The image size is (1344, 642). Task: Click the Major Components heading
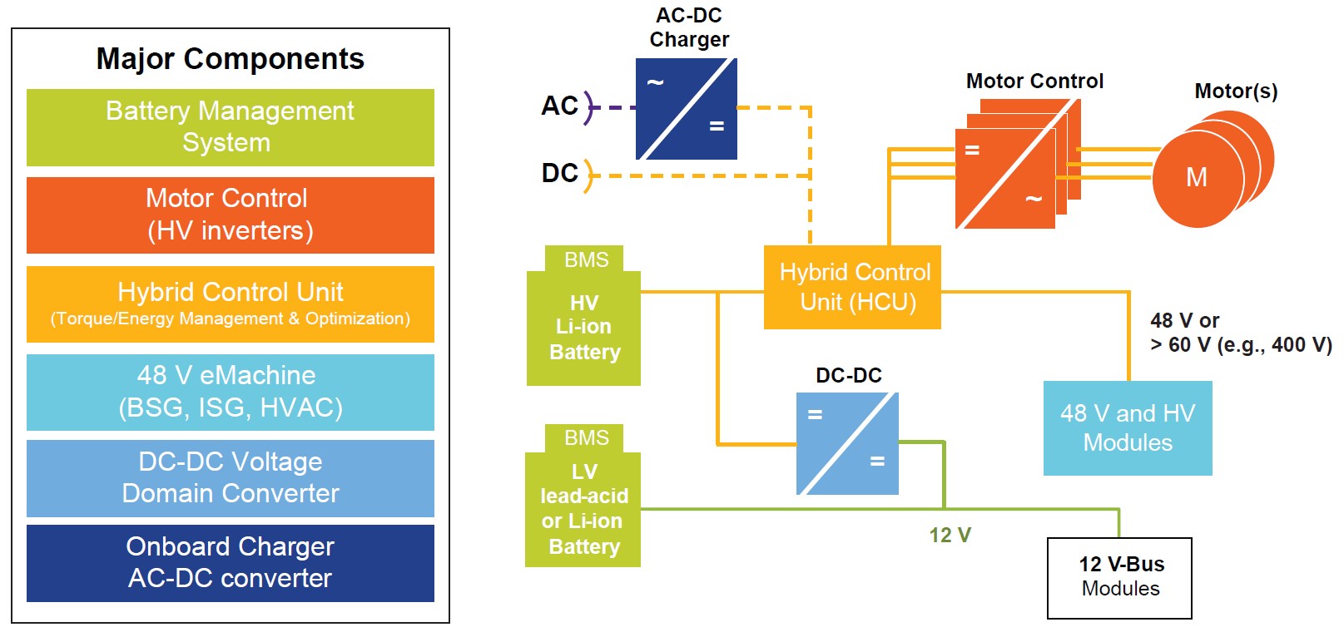[x=231, y=59]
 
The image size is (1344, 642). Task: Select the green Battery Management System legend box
[x=231, y=127]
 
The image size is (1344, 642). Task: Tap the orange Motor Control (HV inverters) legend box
[x=231, y=215]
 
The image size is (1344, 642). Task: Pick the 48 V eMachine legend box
[x=231, y=392]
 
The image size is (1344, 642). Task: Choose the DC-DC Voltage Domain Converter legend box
[x=231, y=478]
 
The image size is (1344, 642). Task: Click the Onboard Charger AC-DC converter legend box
[x=231, y=563]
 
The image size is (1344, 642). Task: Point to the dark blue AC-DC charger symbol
[x=687, y=108]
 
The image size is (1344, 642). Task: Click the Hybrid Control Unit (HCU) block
[x=852, y=287]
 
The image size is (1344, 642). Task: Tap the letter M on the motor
[x=1197, y=177]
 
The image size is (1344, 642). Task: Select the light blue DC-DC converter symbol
[x=847, y=443]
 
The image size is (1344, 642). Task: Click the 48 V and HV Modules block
[x=1128, y=428]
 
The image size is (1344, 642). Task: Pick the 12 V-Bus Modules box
[x=1119, y=578]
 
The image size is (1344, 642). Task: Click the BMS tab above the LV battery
[x=584, y=438]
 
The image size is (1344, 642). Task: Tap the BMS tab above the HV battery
[x=584, y=259]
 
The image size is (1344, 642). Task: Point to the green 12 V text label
[x=950, y=535]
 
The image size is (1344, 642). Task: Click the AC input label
[x=559, y=106]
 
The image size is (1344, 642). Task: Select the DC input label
[x=559, y=173]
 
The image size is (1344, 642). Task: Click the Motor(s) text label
[x=1236, y=91]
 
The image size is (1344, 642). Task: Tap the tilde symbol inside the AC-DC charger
[x=655, y=81]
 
